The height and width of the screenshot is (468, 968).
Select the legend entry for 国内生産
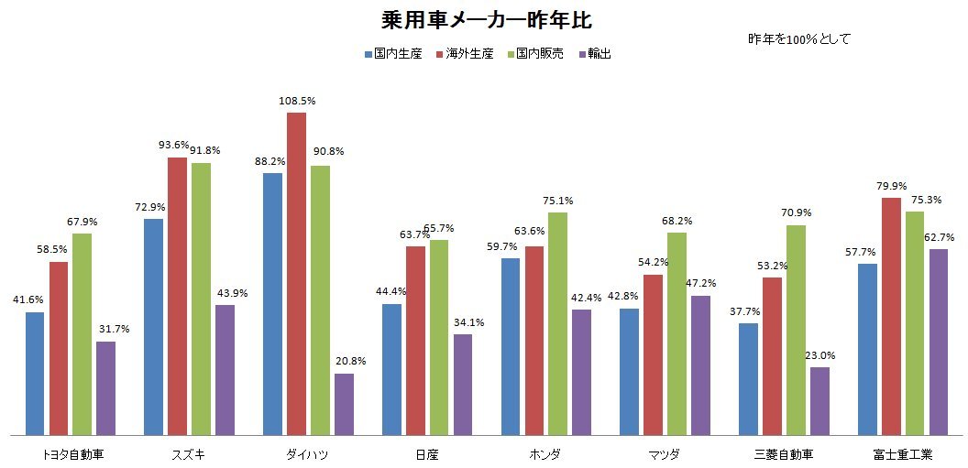tap(392, 54)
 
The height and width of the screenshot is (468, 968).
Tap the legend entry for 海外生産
tap(469, 54)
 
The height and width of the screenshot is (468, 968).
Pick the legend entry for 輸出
tap(595, 54)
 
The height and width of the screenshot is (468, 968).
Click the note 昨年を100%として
tap(799, 39)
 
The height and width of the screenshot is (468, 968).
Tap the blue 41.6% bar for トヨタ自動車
tap(35, 373)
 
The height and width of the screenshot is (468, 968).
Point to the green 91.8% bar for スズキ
tap(201, 299)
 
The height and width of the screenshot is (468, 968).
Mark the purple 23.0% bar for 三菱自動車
tap(819, 400)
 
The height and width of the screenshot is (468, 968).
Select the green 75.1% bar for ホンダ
tap(557, 323)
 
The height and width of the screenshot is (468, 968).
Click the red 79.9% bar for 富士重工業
tap(890, 316)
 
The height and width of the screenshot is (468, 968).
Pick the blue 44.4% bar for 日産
tap(391, 369)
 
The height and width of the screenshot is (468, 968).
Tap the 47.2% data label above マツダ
tap(701, 284)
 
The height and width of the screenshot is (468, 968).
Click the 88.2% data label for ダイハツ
tap(270, 161)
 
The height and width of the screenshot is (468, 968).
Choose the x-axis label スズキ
tap(189, 454)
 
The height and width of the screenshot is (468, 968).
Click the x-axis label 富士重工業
tap(902, 454)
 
